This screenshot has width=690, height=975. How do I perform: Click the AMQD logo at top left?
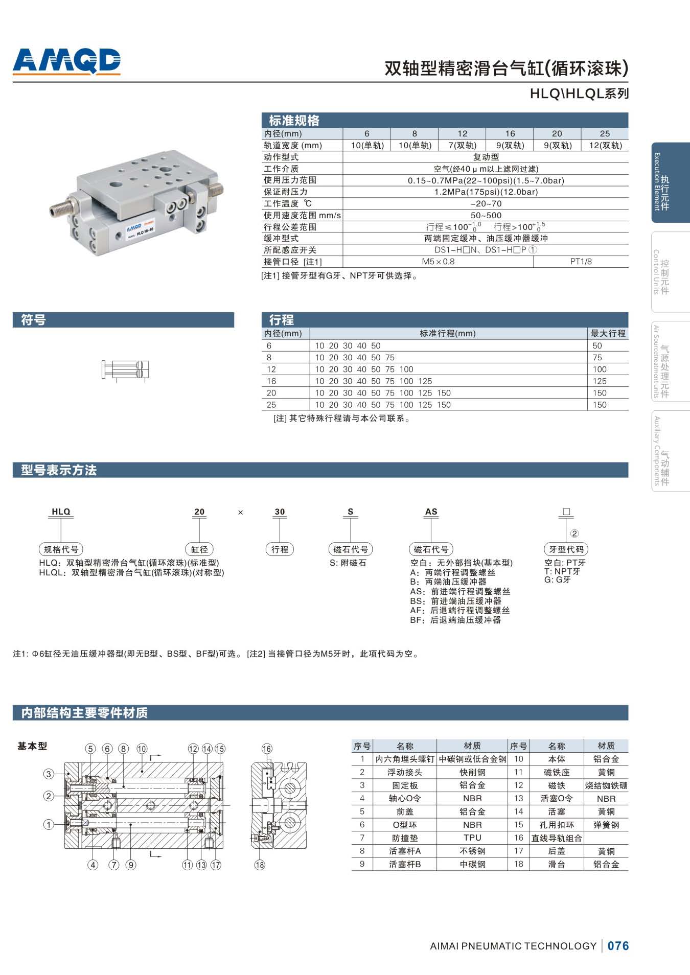pyautogui.click(x=66, y=61)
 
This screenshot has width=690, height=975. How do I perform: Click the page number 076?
pyautogui.click(x=618, y=946)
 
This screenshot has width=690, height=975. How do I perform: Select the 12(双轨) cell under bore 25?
pyautogui.click(x=605, y=145)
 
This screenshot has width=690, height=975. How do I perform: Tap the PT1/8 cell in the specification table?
pyautogui.click(x=581, y=262)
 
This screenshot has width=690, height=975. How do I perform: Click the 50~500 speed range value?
pyautogui.click(x=486, y=215)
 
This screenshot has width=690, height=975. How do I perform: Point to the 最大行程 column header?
pyautogui.click(x=608, y=333)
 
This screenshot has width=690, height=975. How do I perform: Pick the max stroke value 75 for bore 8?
pyautogui.click(x=597, y=357)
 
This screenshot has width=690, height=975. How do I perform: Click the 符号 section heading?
pyautogui.click(x=34, y=320)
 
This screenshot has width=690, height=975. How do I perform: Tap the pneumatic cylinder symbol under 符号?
pyautogui.click(x=125, y=370)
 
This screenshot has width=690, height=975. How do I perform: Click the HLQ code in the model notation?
pyautogui.click(x=61, y=512)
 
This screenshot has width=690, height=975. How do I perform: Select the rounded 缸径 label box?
pyautogui.click(x=199, y=549)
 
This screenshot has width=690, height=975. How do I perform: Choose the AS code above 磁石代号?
pyautogui.click(x=431, y=512)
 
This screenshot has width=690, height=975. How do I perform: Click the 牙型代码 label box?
pyautogui.click(x=566, y=549)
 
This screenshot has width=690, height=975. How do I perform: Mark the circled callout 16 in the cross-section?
pyautogui.click(x=267, y=749)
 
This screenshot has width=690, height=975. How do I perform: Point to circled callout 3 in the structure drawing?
pyautogui.click(x=49, y=774)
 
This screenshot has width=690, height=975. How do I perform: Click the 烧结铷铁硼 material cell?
pyautogui.click(x=606, y=785)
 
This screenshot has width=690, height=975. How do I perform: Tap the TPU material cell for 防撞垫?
pyautogui.click(x=472, y=838)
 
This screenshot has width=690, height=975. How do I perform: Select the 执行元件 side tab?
pyautogui.click(x=670, y=182)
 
